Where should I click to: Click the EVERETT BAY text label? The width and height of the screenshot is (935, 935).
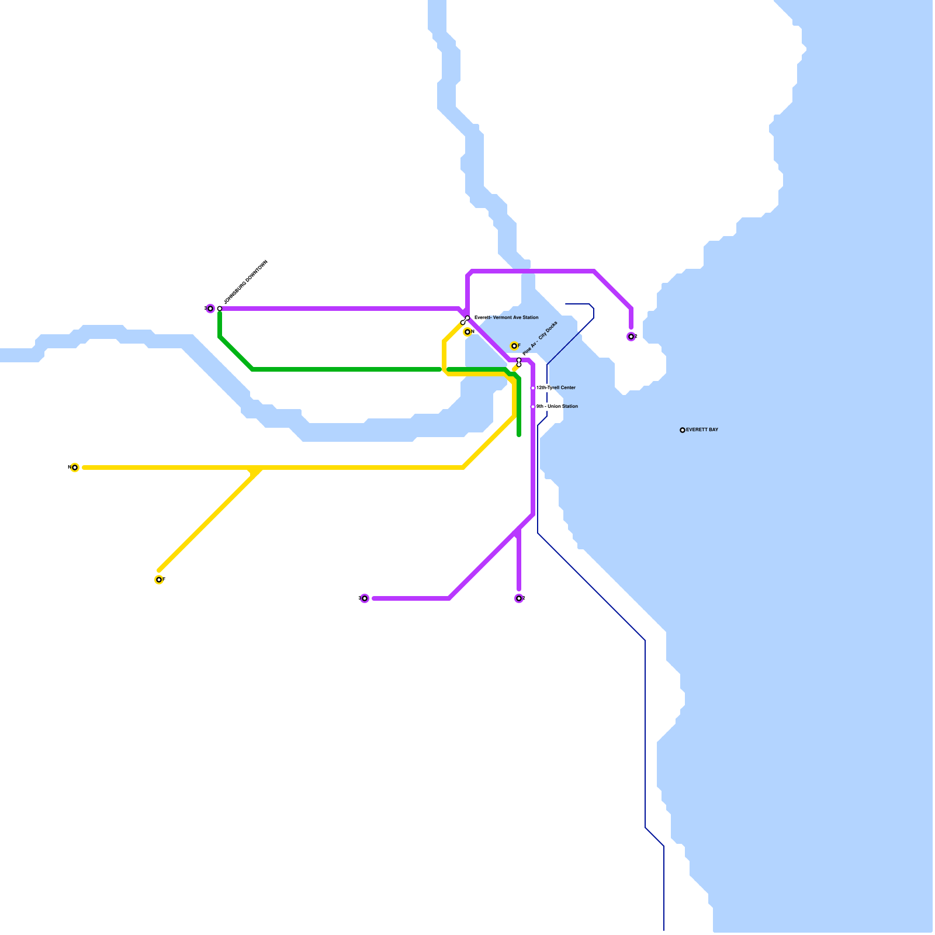[x=702, y=430]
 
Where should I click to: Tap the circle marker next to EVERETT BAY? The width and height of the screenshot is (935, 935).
[x=683, y=430]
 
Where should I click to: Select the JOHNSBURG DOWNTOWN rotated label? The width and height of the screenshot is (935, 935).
[x=245, y=282]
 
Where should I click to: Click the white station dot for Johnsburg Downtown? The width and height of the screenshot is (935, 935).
[x=220, y=309]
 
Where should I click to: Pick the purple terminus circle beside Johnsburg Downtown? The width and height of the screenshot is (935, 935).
[x=210, y=309]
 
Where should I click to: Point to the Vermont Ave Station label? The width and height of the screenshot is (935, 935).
[x=507, y=318]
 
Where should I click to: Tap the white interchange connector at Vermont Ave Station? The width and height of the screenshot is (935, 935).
[x=465, y=320]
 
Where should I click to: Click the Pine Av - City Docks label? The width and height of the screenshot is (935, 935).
[x=540, y=338]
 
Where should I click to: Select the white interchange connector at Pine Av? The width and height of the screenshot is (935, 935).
[x=519, y=362]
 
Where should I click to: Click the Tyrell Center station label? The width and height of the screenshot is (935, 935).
[x=556, y=388]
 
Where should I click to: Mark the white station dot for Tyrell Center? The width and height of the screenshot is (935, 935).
[x=533, y=388]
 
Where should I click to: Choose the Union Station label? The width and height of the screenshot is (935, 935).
[x=557, y=407]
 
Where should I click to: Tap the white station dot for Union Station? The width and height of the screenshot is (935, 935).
[x=533, y=407]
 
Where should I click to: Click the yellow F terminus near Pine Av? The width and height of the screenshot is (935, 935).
[x=514, y=346]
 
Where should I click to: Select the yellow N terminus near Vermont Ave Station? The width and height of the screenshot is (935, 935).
[x=467, y=332]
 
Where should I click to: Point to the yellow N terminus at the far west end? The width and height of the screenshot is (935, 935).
[x=75, y=467]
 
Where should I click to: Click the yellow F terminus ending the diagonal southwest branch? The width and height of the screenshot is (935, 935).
[x=159, y=580]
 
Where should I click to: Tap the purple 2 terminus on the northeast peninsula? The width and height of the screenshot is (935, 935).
[x=631, y=337]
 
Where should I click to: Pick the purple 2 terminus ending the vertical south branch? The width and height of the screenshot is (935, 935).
[x=519, y=598]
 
